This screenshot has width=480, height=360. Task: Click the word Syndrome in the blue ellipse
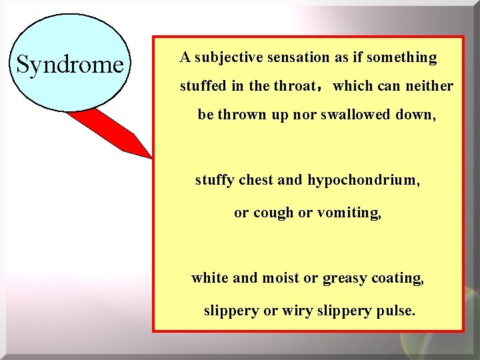[70, 65]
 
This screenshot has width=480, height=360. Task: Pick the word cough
[273, 213]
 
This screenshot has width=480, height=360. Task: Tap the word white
[209, 278]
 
